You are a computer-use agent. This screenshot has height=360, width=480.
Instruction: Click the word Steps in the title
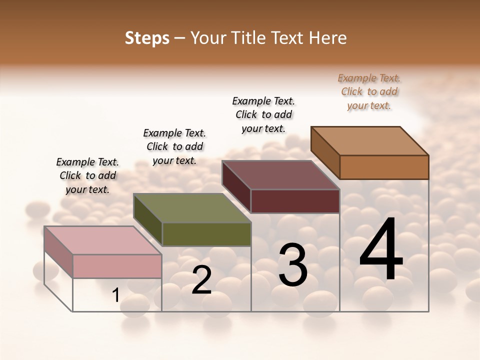(x=147, y=38)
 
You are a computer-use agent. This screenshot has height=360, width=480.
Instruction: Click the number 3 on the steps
(x=293, y=265)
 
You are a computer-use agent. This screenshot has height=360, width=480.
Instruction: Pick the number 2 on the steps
(x=201, y=280)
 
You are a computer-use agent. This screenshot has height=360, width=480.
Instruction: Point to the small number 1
(x=115, y=295)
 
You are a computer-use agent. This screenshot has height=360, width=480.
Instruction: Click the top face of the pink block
(x=102, y=240)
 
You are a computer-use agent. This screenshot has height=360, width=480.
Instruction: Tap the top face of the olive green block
(x=192, y=208)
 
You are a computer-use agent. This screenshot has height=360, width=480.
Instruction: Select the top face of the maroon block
(x=280, y=175)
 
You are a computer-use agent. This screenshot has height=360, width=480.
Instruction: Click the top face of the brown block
(x=369, y=141)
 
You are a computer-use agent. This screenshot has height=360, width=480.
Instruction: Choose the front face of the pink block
(x=117, y=266)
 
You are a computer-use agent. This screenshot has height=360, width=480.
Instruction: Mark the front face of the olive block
(x=206, y=234)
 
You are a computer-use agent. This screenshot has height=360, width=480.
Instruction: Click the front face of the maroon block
(x=295, y=201)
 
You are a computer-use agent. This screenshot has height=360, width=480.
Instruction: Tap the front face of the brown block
(x=384, y=167)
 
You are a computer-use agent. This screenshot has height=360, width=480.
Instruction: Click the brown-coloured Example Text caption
(x=369, y=91)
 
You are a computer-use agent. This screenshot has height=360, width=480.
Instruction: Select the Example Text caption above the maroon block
(x=263, y=114)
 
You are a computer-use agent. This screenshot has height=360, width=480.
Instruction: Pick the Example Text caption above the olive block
(x=174, y=146)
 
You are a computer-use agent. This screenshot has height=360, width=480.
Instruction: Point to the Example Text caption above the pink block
(x=87, y=175)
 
